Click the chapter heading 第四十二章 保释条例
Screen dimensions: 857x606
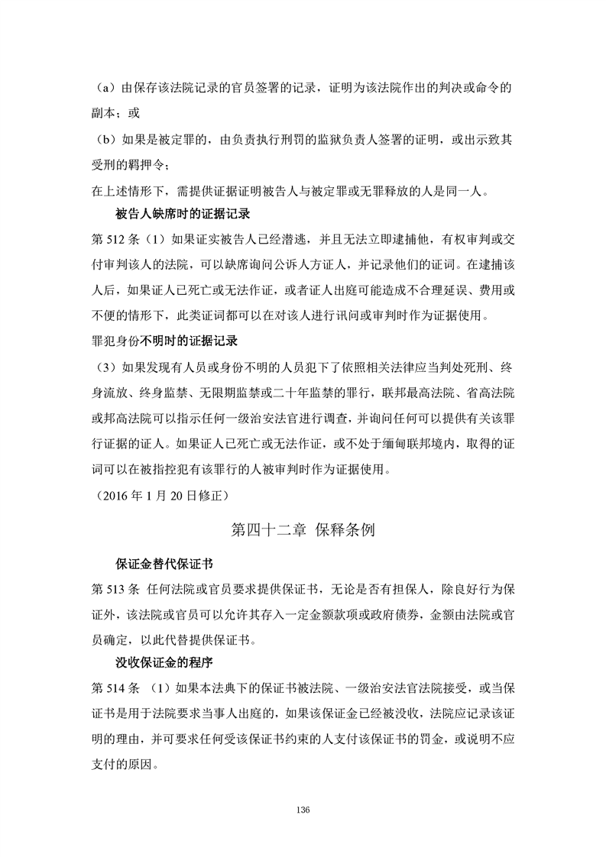point(303,530)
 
